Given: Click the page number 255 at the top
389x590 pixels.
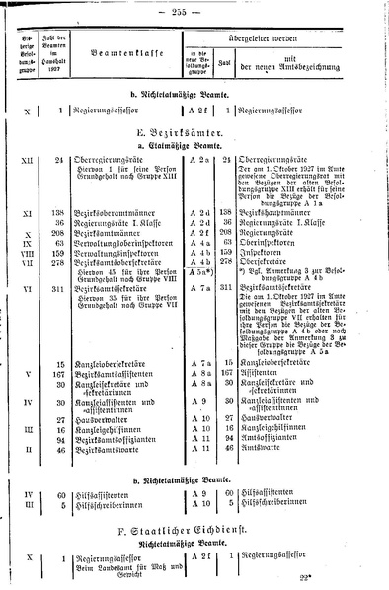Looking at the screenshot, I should pos(195,9).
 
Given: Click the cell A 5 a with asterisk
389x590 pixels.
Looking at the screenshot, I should pos(200,299).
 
